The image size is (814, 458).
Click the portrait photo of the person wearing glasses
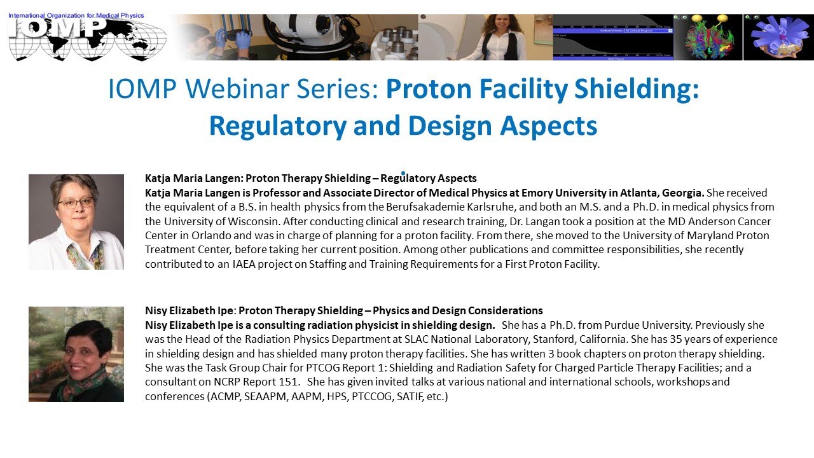[x=76, y=221]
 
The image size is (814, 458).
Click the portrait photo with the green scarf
[x=76, y=354]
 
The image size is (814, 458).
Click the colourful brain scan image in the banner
[x=707, y=37]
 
